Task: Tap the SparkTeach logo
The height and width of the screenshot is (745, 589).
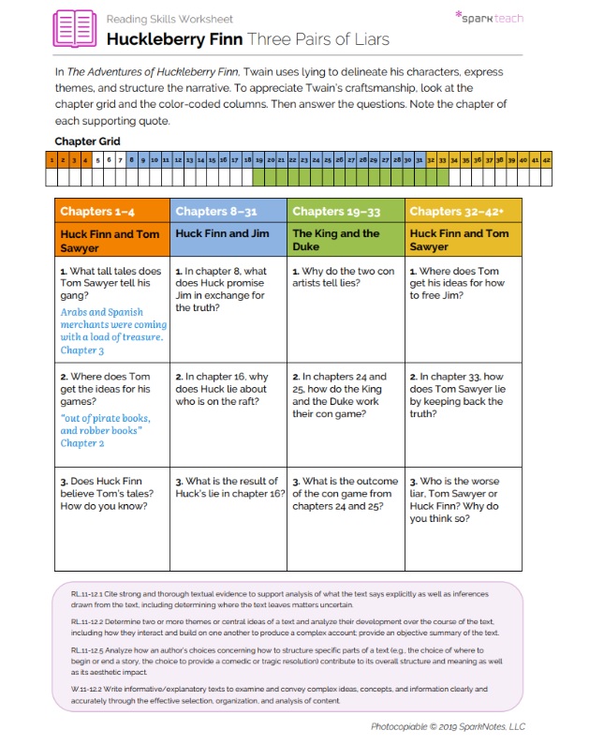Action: [x=489, y=17]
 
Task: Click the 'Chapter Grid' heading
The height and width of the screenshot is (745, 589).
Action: [x=87, y=142]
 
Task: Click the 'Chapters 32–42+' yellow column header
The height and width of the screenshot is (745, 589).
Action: [x=452, y=212]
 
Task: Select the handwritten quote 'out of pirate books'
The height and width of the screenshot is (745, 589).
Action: [x=105, y=425]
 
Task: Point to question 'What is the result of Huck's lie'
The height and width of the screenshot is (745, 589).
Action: [x=228, y=487]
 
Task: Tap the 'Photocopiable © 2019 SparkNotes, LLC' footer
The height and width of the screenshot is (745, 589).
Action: [x=449, y=726]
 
